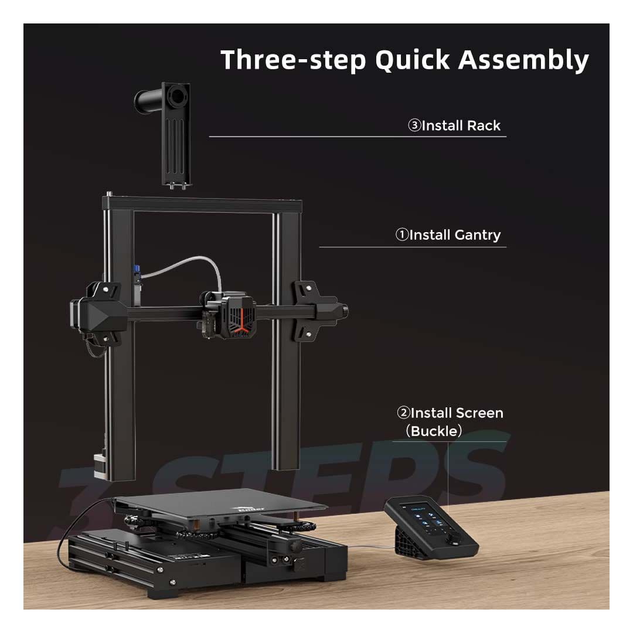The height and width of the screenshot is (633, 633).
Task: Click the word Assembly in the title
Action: tap(523, 60)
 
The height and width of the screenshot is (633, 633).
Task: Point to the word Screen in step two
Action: tap(479, 413)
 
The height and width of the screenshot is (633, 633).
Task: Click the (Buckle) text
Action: tap(434, 431)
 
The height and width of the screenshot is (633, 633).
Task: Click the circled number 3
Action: tap(414, 125)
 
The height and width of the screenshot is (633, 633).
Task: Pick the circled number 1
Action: tap(402, 235)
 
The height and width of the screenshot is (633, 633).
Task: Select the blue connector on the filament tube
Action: tap(138, 273)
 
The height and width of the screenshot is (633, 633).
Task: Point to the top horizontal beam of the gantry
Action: tap(202, 205)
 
